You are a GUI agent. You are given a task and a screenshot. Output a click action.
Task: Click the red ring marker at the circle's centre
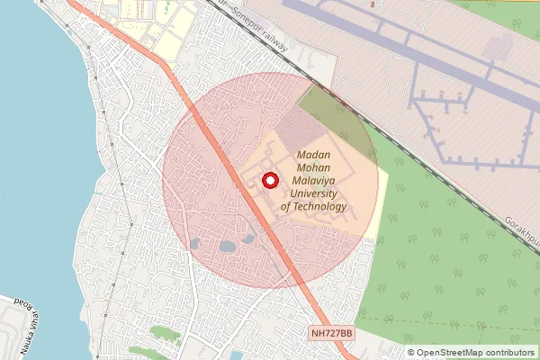click(x=267, y=180)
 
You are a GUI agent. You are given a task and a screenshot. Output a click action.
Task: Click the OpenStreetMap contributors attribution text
click(x=476, y=353)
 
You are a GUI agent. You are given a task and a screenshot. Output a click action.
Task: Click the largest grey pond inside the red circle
click(x=227, y=246)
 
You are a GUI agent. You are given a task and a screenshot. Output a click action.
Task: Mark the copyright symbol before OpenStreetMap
click(x=411, y=353)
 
